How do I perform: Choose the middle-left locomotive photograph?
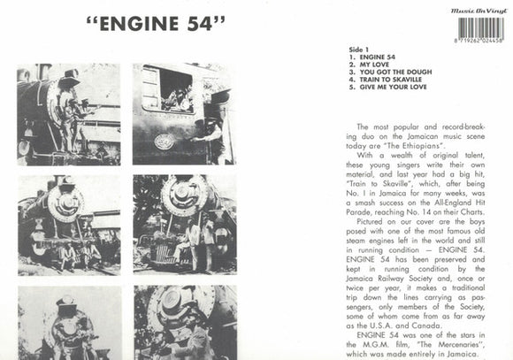tap(69, 226)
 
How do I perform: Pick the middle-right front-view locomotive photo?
tap(185, 226)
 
